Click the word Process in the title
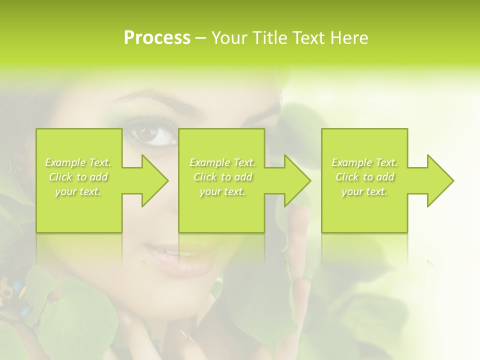(x=157, y=38)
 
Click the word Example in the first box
(x=64, y=162)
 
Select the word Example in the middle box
(x=209, y=162)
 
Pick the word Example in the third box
(x=351, y=162)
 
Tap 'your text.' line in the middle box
(x=222, y=191)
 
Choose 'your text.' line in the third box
(x=364, y=191)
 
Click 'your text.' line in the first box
(x=78, y=191)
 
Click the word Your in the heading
(x=228, y=38)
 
